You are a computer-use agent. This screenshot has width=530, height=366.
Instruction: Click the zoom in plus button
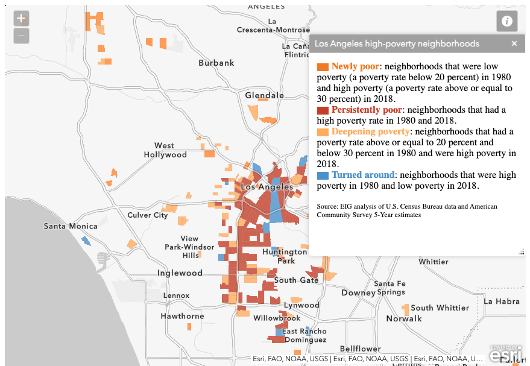[21, 18]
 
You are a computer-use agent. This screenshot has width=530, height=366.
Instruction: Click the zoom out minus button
[21, 36]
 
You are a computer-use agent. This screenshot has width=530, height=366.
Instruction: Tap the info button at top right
[507, 21]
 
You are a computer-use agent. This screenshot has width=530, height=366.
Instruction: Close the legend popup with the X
[514, 43]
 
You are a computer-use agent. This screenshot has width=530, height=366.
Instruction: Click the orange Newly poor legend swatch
[323, 66]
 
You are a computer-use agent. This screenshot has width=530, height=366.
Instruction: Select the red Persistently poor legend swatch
[323, 110]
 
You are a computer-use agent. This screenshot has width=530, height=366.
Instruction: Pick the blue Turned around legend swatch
[323, 175]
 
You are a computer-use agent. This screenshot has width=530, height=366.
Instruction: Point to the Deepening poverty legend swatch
[323, 132]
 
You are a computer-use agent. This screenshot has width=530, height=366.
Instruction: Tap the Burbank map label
[216, 63]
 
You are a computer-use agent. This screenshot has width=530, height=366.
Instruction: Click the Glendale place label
[264, 95]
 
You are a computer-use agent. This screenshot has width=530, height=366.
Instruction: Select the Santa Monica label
[71, 226]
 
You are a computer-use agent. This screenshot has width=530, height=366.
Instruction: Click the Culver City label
[148, 215]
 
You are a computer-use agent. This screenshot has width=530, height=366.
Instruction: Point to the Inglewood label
[180, 273]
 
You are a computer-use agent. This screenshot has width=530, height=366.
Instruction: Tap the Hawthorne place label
[182, 316]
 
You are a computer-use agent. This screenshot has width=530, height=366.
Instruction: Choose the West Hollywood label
[165, 150]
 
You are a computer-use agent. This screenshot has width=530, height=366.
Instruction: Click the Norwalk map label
[404, 318]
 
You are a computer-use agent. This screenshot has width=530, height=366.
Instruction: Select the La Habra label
[501, 301]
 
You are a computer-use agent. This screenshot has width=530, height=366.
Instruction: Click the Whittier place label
[434, 262]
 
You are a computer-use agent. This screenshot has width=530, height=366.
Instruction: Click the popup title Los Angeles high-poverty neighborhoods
[397, 43]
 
